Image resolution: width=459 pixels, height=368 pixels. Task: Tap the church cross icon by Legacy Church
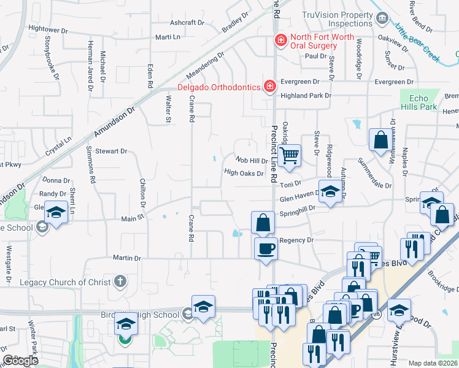[120, 282]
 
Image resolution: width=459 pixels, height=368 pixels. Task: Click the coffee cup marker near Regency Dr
[265, 248]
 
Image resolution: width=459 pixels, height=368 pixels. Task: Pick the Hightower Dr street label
[48, 29]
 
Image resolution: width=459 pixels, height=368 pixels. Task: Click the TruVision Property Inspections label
[337, 19]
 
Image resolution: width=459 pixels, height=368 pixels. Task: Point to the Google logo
[21, 361]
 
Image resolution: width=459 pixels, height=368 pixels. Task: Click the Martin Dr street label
[126, 258]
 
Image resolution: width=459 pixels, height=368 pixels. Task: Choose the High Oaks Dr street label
[244, 172]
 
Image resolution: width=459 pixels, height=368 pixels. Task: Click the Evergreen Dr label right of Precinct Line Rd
[300, 82]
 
